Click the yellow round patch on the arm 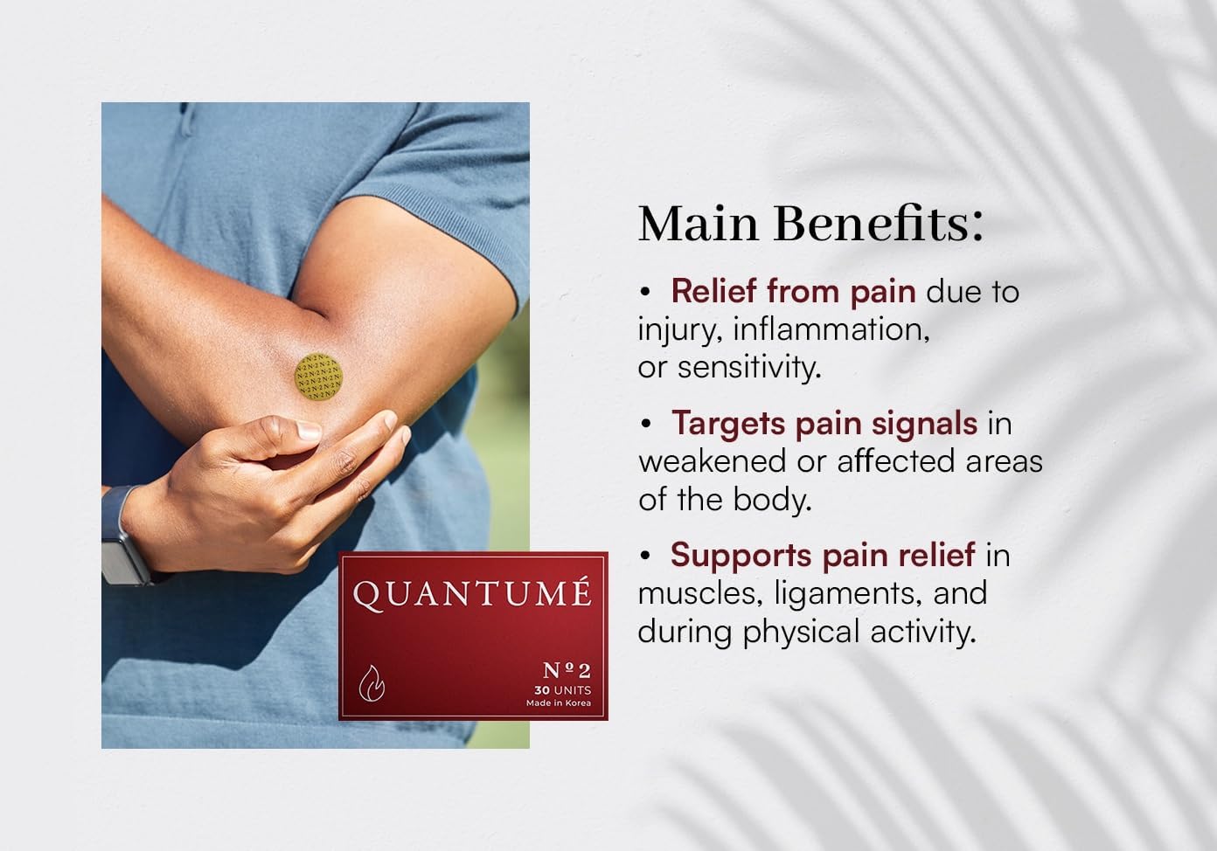318,377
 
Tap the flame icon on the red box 372,683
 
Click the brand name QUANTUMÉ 472,593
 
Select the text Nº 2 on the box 567,671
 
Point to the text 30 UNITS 563,690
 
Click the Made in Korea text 559,703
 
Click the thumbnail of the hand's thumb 309,430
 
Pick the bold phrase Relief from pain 794,292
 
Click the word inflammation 831,329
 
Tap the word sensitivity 749,368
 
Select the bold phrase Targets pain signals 824,424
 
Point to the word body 773,500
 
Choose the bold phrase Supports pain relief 823,556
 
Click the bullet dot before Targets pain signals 645,424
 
